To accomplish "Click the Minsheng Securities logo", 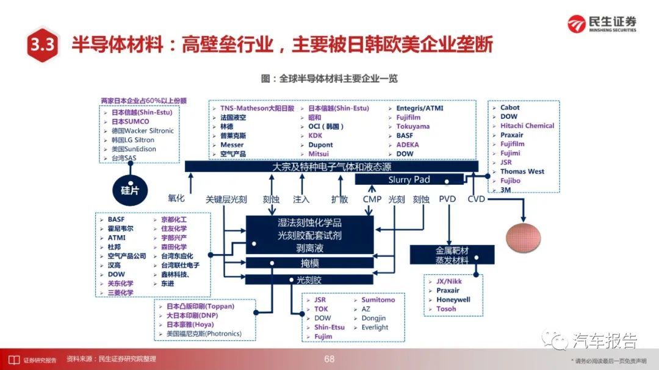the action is coord(602,24).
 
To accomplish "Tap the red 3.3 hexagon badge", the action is coord(42,44).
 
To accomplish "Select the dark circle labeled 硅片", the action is coord(130,190).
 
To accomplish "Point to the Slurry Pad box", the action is coord(409,180).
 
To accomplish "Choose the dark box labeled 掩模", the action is coord(309,263).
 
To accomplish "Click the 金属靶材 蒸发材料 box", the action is coord(452,255).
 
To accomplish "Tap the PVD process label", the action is coord(447,199).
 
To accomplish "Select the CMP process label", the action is coord(372,199).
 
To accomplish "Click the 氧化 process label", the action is coord(176,198).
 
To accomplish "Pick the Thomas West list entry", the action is coord(522,171).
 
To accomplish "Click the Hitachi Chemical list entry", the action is coord(527,126).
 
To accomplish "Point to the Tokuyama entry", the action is coord(412,126).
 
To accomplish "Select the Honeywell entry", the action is coord(453,299).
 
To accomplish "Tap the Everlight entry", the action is coord(375,327).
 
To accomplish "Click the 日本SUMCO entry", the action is coord(131,121).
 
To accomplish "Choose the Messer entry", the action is coord(232,144).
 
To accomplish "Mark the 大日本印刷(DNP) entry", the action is coord(192,315).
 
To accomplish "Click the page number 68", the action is coord(329,359).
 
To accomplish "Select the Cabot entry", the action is coord(510,107).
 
